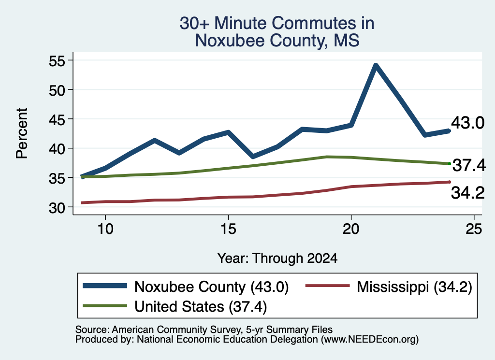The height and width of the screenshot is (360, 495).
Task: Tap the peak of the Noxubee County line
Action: pos(376,66)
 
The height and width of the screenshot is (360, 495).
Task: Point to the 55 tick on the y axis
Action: pos(71,60)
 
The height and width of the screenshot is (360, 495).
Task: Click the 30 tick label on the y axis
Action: pos(57,208)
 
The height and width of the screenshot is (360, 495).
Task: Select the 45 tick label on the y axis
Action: pos(57,119)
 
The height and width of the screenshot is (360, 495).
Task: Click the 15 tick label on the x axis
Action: pos(228,229)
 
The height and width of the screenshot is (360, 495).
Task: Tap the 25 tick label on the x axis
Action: pos(474,229)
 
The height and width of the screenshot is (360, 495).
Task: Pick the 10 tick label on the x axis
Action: pos(105,229)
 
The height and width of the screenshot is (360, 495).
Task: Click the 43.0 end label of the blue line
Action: pos(467,122)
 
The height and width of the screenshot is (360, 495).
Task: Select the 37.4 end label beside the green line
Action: pos(469,165)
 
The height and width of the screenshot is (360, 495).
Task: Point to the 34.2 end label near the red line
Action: pos(467,192)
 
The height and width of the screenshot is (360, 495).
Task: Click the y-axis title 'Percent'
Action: pos(22,133)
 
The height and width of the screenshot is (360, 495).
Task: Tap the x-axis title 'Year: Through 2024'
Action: pos(277,258)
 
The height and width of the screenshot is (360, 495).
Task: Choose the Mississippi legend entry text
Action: pos(414,287)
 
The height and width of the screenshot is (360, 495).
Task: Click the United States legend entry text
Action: pos(201,307)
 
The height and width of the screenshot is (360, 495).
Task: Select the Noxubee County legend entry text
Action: pos(212,287)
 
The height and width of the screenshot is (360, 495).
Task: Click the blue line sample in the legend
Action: pos(105,286)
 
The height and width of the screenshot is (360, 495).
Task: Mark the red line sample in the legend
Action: pos(328,286)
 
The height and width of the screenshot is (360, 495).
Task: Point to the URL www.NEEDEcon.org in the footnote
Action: pos(370,340)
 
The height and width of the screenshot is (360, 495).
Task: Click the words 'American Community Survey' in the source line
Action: pos(176,330)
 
